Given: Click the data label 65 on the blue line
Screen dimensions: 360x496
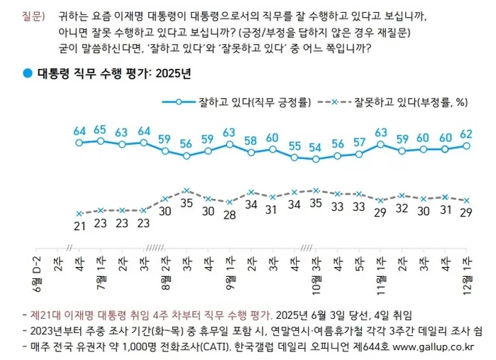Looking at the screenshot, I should tap(100, 129).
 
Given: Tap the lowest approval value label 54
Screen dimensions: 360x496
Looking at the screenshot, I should tap(316, 148).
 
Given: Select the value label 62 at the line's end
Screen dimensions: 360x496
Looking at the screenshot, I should tap(466, 133).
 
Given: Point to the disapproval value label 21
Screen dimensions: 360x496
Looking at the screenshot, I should tap(79, 226).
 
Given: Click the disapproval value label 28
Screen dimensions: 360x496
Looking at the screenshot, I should tap(230, 215).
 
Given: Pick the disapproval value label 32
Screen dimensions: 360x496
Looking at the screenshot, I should tap(402, 209).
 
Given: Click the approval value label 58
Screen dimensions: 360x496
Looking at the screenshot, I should tap(251, 140).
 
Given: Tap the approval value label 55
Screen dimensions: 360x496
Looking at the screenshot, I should tap(294, 146).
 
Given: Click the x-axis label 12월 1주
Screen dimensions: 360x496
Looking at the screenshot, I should tap(466, 269).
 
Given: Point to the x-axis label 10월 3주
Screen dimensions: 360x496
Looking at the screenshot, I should tap(316, 269).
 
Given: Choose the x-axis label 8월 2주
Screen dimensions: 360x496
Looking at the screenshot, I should tap(165, 269).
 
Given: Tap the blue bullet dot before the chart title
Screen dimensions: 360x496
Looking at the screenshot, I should tap(27, 75).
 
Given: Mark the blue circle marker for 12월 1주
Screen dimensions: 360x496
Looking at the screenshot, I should tap(466, 146).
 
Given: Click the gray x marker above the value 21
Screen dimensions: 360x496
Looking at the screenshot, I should tap(79, 213).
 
